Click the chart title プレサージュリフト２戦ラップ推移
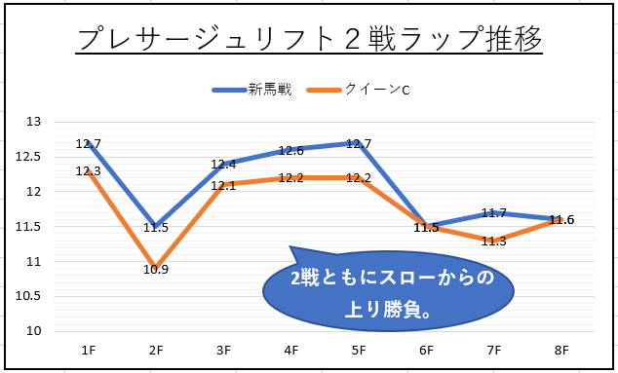tap(309, 39)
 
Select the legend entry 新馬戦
tap(252, 90)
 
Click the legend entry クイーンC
tap(358, 90)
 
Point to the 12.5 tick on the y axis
tap(27, 157)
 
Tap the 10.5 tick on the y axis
tap(27, 296)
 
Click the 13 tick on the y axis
tap(33, 122)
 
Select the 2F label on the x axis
tap(156, 351)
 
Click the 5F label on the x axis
tap(359, 351)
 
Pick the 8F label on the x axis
tap(561, 351)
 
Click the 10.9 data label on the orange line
tap(156, 270)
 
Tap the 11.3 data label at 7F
tap(494, 242)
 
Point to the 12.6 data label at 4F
tap(291, 150)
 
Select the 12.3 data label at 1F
tap(89, 171)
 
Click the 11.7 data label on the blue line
tap(494, 214)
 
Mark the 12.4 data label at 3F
tap(223, 165)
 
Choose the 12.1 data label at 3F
tap(223, 185)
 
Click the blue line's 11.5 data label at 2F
tap(156, 228)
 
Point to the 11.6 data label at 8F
tap(561, 220)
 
